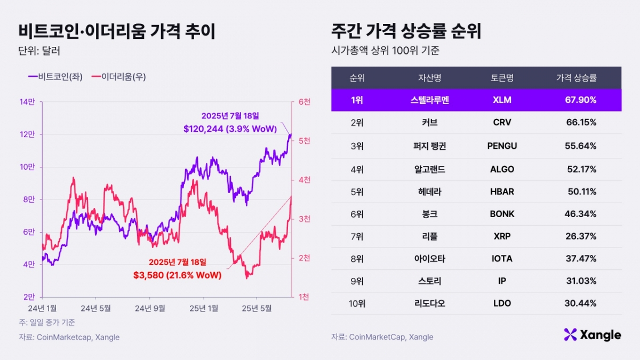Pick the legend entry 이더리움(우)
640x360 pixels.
pyautogui.click(x=118, y=77)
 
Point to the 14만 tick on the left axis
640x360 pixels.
pyautogui.click(x=28, y=101)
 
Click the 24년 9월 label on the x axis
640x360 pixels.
pyautogui.click(x=149, y=308)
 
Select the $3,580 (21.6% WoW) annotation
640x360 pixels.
pyautogui.click(x=177, y=276)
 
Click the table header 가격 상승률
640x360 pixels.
pyautogui.click(x=576, y=78)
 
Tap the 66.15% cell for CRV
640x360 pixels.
pyautogui.click(x=581, y=122)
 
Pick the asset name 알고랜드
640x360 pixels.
pyautogui.click(x=429, y=169)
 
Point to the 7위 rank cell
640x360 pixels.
pyautogui.click(x=357, y=236)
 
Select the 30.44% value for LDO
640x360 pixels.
pyautogui.click(x=581, y=303)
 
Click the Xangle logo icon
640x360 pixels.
pyautogui.click(x=570, y=334)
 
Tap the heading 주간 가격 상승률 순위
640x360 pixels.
pyautogui.click(x=406, y=31)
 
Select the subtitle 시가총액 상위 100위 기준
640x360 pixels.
pyautogui.click(x=385, y=52)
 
